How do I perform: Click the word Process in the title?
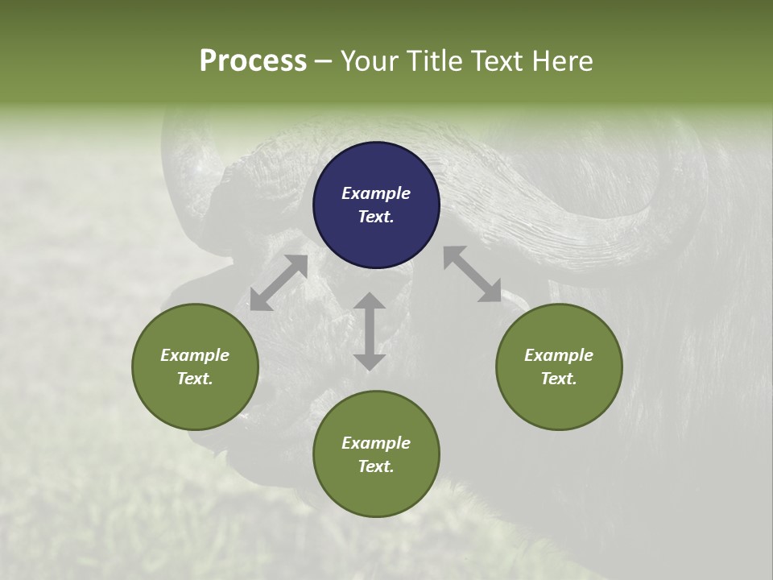[253, 61]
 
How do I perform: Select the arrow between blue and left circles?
[279, 283]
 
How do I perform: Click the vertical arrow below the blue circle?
[370, 331]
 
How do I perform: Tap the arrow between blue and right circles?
[473, 274]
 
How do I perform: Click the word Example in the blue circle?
[376, 193]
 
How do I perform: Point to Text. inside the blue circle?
[376, 217]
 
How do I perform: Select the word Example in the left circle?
[195, 355]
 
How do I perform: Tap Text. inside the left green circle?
[195, 379]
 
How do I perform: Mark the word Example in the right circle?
[559, 355]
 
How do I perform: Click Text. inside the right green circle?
[559, 379]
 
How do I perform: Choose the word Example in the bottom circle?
[376, 443]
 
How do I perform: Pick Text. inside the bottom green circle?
[376, 466]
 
